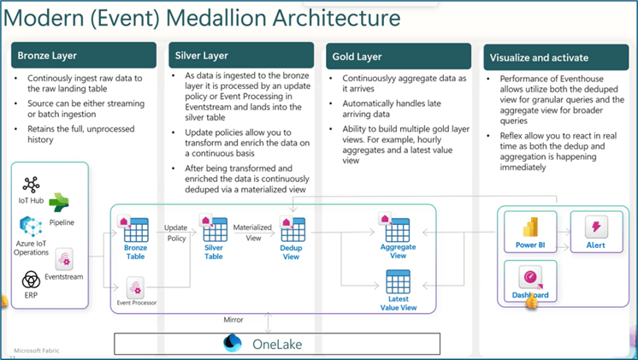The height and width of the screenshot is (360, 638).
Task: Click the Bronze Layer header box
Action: pyautogui.click(x=84, y=55)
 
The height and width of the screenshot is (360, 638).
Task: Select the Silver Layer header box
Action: pyautogui.click(x=241, y=55)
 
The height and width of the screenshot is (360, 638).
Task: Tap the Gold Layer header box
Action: pyautogui.click(x=399, y=56)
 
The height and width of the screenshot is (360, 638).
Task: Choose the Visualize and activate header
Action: pyautogui.click(x=556, y=57)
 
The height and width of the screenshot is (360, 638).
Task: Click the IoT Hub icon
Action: pyautogui.click(x=31, y=185)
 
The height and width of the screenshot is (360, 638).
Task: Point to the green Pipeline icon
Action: pyautogui.click(x=59, y=203)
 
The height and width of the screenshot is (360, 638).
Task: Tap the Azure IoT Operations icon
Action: pyautogui.click(x=31, y=226)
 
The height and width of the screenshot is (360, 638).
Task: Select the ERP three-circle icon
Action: pyautogui.click(x=31, y=280)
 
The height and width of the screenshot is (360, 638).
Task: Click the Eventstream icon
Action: pyautogui.click(x=64, y=260)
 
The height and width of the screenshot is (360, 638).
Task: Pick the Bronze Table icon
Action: pyautogui.click(x=133, y=228)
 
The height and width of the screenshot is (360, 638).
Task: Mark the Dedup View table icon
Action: pyautogui.click(x=291, y=229)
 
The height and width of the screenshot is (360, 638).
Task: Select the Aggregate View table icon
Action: pyautogui.click(x=394, y=227)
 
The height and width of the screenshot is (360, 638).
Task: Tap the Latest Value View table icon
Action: pyautogui.click(x=398, y=281)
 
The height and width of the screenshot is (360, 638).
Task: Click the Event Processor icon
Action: pyautogui.click(x=135, y=288)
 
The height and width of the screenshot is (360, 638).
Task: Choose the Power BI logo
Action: pyautogui.click(x=530, y=227)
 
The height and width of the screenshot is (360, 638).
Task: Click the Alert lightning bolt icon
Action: pyautogui.click(x=596, y=227)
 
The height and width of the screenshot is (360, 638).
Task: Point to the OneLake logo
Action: pyautogui.click(x=233, y=343)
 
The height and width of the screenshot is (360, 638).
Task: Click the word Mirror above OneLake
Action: pyautogui.click(x=233, y=320)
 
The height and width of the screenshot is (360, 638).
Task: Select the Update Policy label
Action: pyautogui.click(x=176, y=233)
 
